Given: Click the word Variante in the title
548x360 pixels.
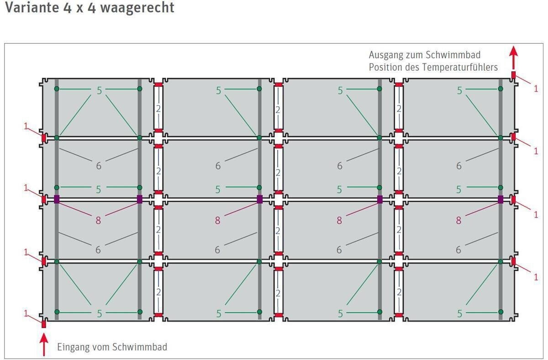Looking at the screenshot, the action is click(32, 7).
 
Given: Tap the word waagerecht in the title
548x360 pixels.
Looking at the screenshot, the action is click(137, 8).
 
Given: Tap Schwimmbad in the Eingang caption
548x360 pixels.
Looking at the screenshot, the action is click(139, 347).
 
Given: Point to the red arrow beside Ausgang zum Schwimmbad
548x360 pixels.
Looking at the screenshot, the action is click(513, 58).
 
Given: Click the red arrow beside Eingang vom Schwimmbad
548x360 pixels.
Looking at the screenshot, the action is click(44, 344).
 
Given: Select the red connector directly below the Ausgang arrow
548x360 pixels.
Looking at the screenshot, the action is click(513, 75).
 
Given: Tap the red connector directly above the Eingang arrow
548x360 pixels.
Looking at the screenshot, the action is click(44, 324).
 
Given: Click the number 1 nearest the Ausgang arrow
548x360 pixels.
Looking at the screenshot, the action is click(536, 89).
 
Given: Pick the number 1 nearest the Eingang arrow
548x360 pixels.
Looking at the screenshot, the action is click(26, 313).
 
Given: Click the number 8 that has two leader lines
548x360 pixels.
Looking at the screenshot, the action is click(98, 221).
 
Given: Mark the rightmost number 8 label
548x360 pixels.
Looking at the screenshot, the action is click(458, 221).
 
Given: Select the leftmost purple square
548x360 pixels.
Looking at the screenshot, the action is click(57, 199).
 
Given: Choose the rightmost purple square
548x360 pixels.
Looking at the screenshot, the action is click(501, 200).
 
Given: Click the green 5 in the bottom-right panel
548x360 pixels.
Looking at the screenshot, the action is click(460, 314).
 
